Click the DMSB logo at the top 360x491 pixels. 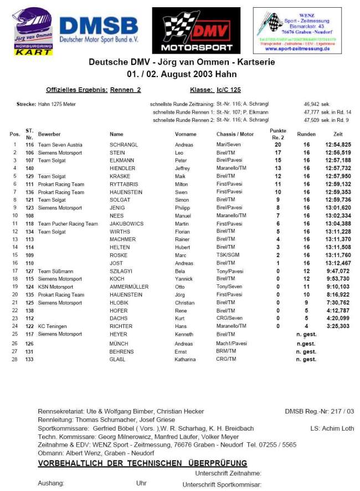pyautogui.click(x=99, y=29)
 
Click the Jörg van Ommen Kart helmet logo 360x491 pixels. pyautogui.click(x=33, y=32)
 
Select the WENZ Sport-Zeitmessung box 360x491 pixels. pyautogui.click(x=297, y=30)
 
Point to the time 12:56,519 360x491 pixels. pyautogui.click(x=337, y=152)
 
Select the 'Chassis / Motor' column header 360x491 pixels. pyautogui.click(x=235, y=134)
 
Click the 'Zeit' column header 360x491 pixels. pyautogui.click(x=338, y=134)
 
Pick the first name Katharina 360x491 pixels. pyautogui.click(x=186, y=360)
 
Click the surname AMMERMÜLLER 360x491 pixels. pyautogui.click(x=128, y=287)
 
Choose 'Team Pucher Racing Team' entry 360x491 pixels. pyautogui.click(x=68, y=224)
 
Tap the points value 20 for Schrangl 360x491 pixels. pyautogui.click(x=278, y=145)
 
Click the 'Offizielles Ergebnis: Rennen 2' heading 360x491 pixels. pyautogui.click(x=94, y=90)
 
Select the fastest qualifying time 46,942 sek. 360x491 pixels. pyautogui.click(x=317, y=104)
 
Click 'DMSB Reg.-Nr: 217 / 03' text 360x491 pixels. pyautogui.click(x=319, y=412)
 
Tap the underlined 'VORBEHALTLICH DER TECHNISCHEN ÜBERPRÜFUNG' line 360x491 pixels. pyautogui.click(x=142, y=463)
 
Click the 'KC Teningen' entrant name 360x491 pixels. pyautogui.click(x=54, y=326)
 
